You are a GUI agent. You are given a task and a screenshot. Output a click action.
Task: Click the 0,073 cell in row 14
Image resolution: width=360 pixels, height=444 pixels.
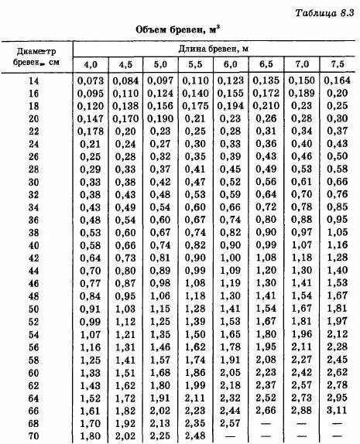(x=91, y=80)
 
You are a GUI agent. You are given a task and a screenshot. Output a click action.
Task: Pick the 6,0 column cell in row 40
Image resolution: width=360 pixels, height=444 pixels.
(x=230, y=245)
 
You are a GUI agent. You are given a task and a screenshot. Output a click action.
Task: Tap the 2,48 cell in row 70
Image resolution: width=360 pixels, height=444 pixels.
(x=196, y=436)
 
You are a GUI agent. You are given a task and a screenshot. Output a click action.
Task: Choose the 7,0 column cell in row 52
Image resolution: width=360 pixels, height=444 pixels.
(x=301, y=322)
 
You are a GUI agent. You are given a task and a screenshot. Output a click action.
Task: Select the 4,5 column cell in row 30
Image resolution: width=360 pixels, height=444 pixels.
(x=125, y=182)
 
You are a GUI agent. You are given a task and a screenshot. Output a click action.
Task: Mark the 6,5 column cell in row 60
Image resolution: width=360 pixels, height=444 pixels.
(x=266, y=373)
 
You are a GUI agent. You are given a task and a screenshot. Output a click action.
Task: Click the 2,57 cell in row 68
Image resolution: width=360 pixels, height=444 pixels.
(x=230, y=424)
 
